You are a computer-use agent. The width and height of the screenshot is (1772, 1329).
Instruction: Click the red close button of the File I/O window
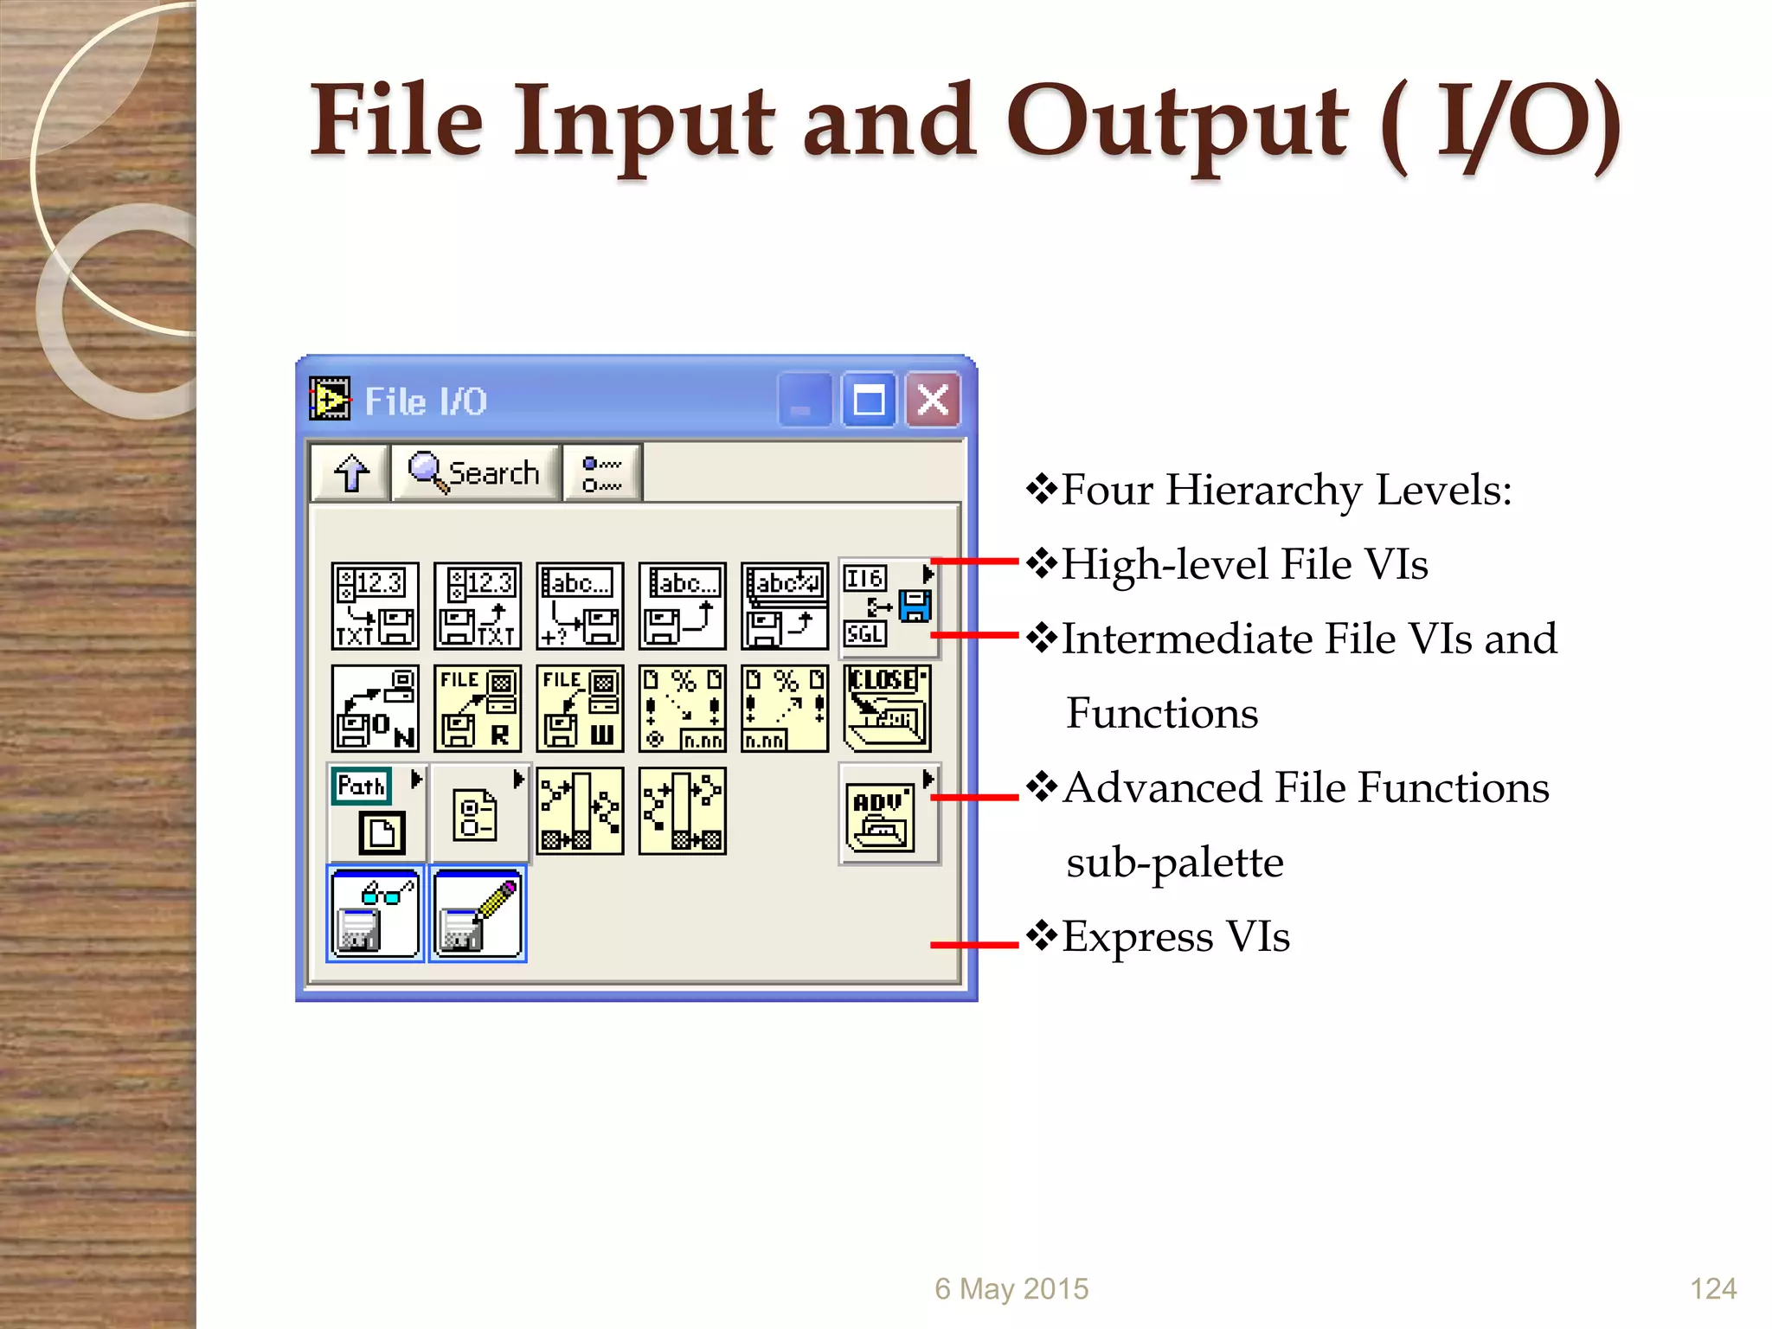933,401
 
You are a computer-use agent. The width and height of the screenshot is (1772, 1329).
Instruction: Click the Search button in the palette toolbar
475,472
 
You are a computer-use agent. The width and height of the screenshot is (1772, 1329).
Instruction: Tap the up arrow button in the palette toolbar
350,472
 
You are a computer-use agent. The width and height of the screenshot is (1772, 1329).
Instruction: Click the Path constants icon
373,811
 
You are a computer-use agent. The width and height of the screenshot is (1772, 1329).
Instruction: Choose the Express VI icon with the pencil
478,914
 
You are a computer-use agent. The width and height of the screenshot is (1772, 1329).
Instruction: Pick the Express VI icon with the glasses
376,914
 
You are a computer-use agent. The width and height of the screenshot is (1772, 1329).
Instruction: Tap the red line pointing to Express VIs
974,945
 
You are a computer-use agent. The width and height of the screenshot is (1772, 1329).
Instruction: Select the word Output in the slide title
1177,121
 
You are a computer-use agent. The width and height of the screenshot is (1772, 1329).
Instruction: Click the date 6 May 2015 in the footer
1011,1289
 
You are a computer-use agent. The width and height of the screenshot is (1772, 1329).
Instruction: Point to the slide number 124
1713,1289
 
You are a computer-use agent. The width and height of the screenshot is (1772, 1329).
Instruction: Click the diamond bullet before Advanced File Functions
1043,786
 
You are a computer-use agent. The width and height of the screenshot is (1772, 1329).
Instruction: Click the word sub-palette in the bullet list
1174,863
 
